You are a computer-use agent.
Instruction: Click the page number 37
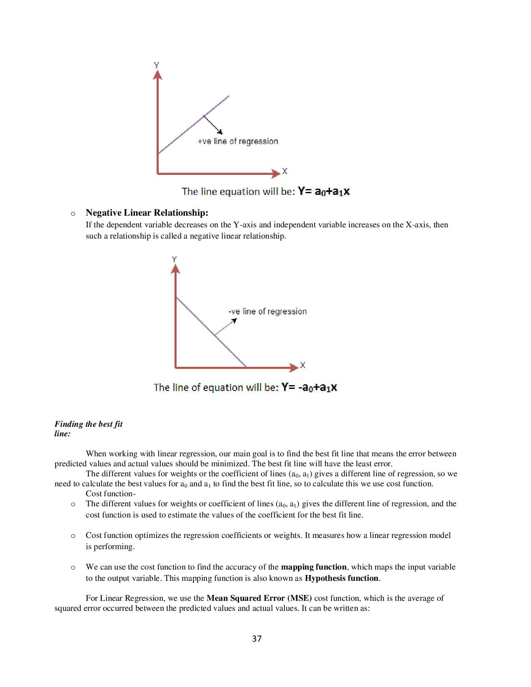(257, 639)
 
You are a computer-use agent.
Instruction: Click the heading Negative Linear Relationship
(147, 213)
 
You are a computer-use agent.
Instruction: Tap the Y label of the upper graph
(157, 65)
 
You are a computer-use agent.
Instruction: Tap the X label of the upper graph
(285, 171)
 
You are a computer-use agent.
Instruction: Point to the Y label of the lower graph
(175, 259)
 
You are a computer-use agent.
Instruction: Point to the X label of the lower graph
(303, 365)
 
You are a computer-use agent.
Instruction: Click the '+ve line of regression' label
(237, 142)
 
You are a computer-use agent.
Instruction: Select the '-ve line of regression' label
(267, 311)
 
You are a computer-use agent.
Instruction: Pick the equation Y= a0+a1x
(324, 192)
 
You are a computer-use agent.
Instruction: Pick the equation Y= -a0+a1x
(309, 388)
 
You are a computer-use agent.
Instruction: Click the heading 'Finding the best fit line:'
(88, 428)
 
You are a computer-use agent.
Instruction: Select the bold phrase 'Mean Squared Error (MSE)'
(259, 598)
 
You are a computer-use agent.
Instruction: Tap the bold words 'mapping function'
(314, 567)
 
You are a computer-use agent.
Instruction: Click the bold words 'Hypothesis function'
(342, 578)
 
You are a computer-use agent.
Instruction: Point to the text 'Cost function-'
(110, 494)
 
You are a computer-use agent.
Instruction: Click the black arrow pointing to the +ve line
(213, 124)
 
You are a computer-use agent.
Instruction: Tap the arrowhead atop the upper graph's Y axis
(157, 75)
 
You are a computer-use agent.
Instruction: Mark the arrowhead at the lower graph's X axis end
(294, 367)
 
